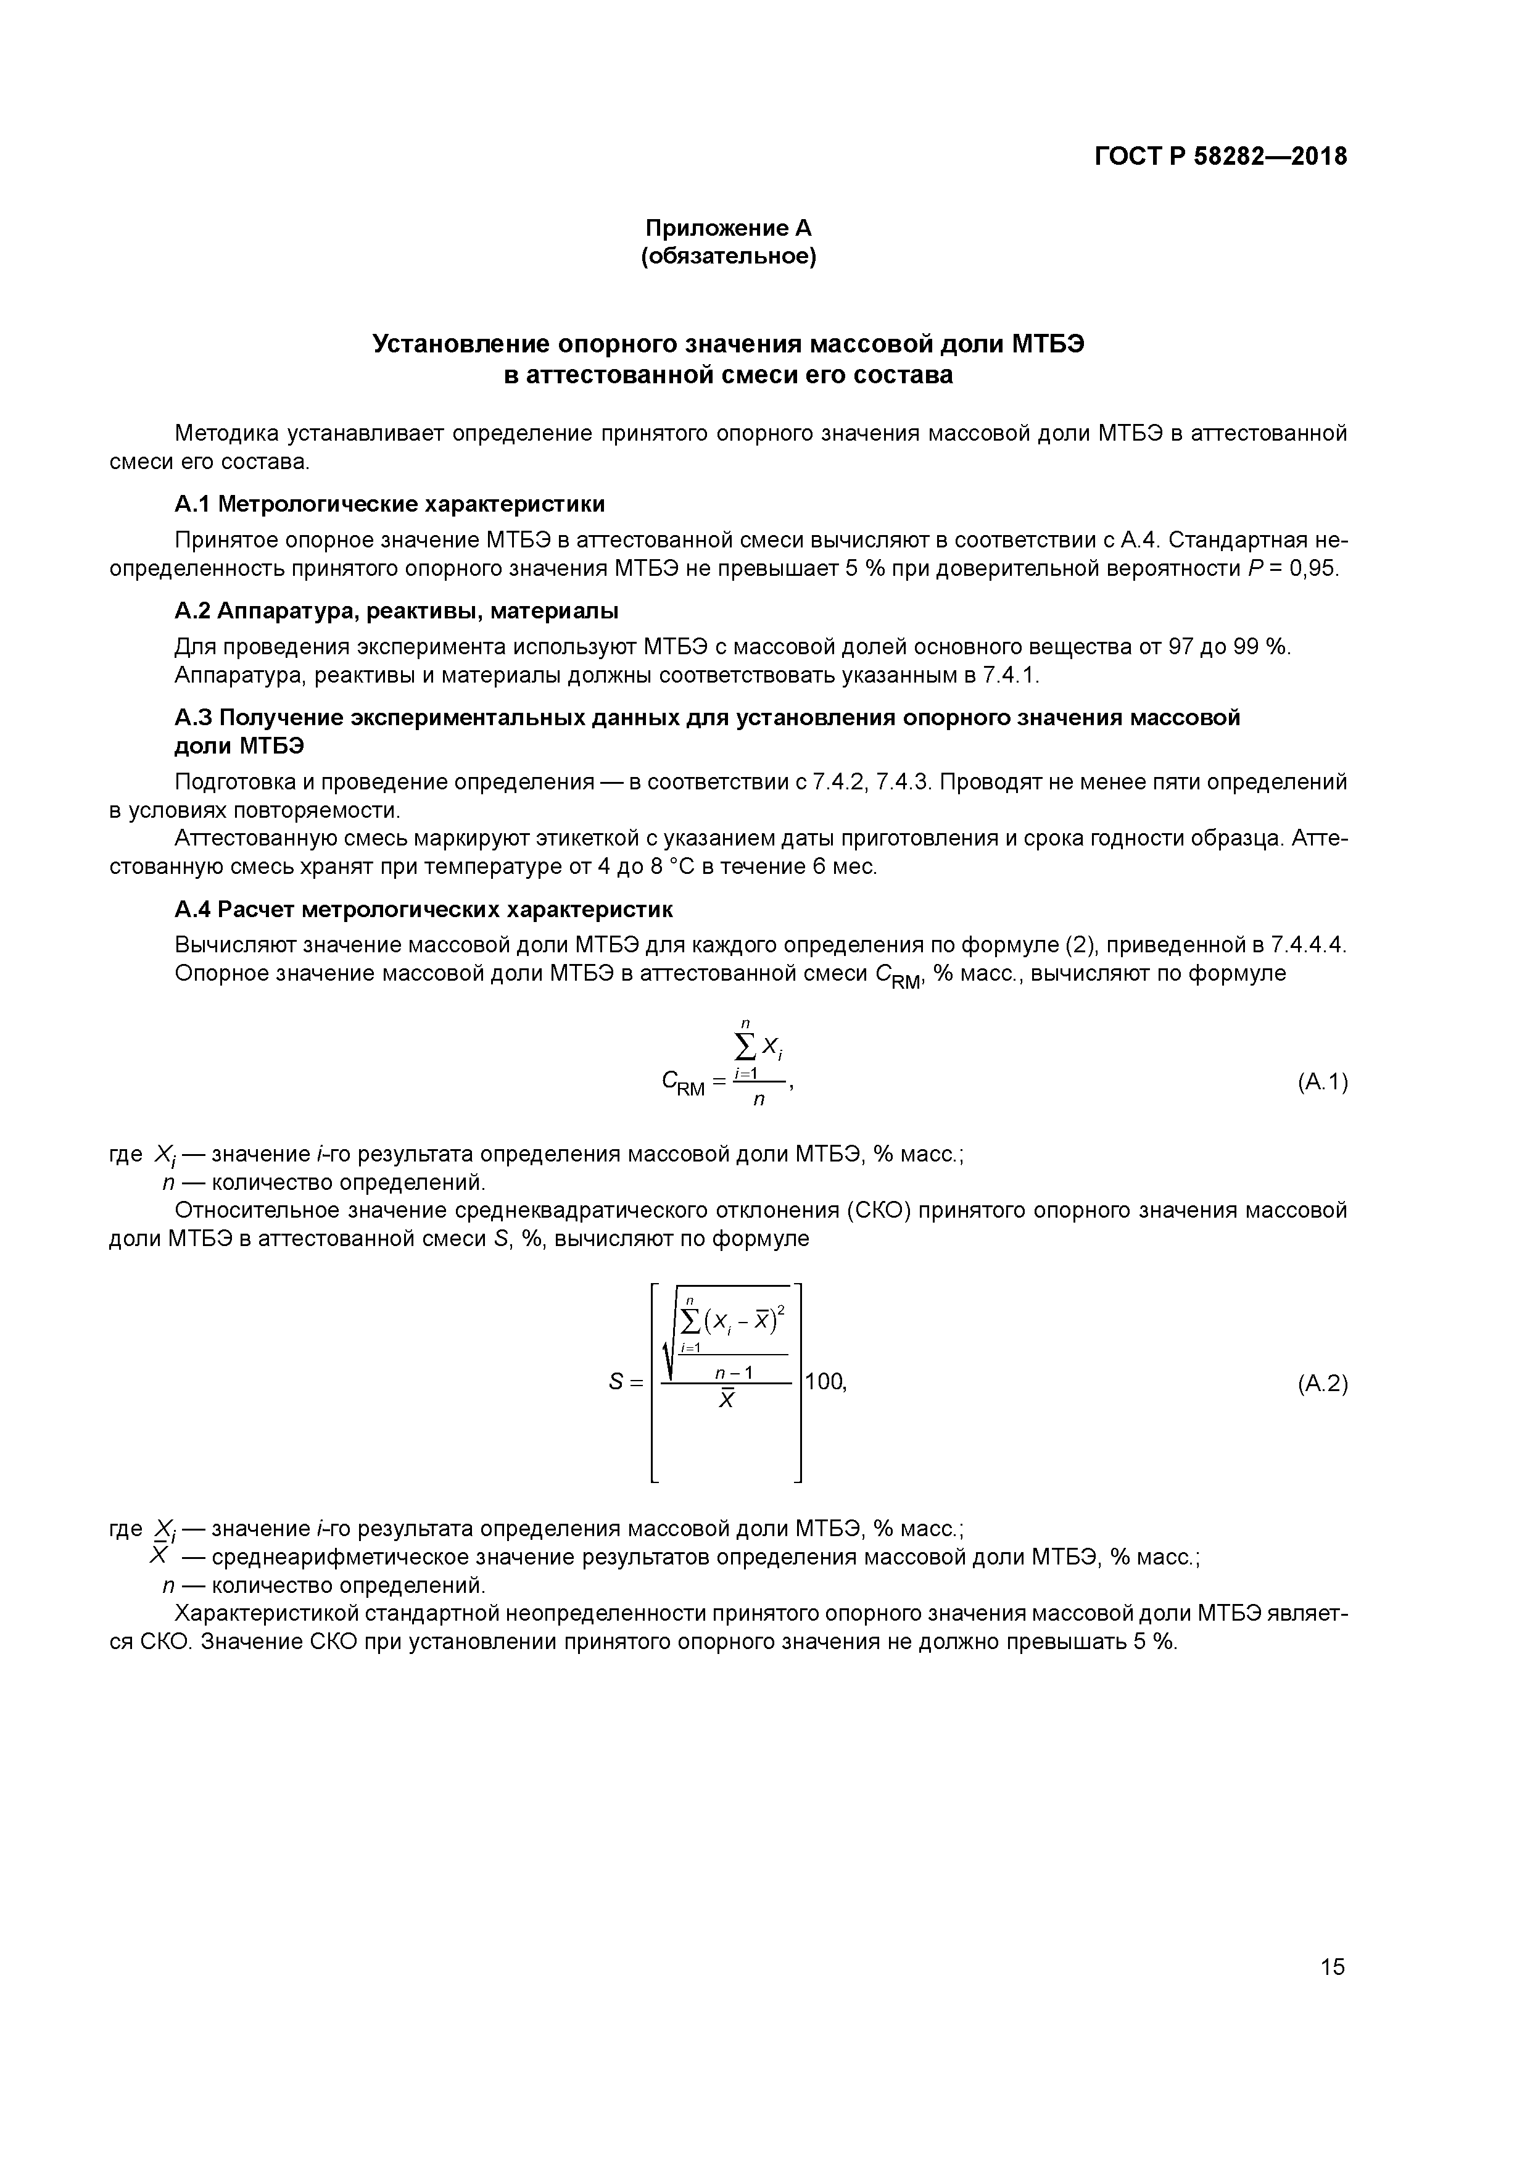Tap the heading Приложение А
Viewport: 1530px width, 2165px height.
click(728, 228)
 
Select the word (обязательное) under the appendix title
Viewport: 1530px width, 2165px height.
click(728, 257)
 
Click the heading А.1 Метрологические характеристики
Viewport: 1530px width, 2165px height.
click(389, 504)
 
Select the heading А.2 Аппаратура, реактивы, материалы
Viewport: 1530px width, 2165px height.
click(396, 611)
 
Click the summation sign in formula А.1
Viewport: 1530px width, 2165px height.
click(745, 1045)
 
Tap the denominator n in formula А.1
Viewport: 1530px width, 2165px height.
click(759, 1100)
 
